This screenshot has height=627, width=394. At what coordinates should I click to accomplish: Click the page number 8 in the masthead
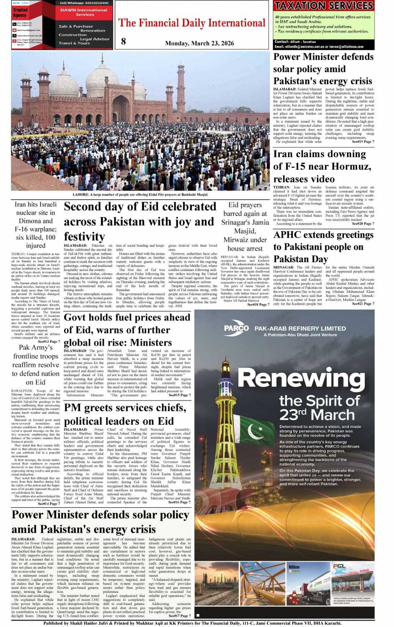123,41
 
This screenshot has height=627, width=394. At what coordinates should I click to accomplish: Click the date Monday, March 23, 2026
199,43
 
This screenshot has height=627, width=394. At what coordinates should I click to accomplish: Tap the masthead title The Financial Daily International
192,23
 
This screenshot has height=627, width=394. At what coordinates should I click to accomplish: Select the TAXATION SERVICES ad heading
324,6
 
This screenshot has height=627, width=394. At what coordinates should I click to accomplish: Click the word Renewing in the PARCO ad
301,379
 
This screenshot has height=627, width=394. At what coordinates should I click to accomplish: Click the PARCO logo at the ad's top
236,329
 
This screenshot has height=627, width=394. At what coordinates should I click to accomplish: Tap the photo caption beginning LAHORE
140,194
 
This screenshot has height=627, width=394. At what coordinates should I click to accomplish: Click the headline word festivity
84,236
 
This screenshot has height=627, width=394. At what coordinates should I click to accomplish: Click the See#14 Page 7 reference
49,504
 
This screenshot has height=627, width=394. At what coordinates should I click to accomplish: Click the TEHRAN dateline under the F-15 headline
281,188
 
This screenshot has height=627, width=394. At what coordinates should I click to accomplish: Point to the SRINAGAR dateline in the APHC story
284,267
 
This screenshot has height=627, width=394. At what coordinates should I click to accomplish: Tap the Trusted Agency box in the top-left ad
20,12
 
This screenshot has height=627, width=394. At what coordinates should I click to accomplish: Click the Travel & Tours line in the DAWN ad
74,43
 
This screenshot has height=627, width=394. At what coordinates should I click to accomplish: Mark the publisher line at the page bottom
192,623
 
